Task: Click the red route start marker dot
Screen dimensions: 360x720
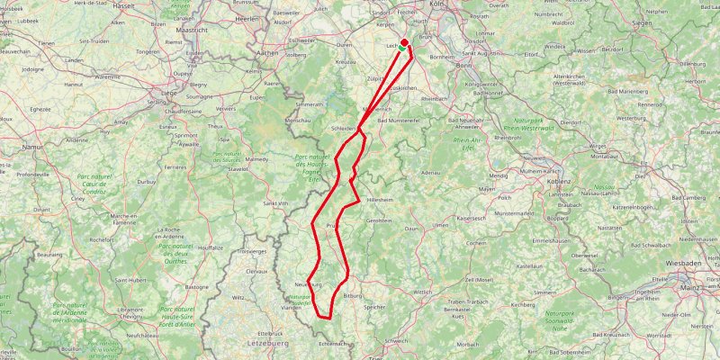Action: tap(404, 42)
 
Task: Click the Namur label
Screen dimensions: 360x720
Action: tap(33, 145)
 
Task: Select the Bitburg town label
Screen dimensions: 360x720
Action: tap(352, 295)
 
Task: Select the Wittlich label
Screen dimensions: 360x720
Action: tap(423, 292)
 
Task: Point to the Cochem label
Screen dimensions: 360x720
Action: tap(476, 243)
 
